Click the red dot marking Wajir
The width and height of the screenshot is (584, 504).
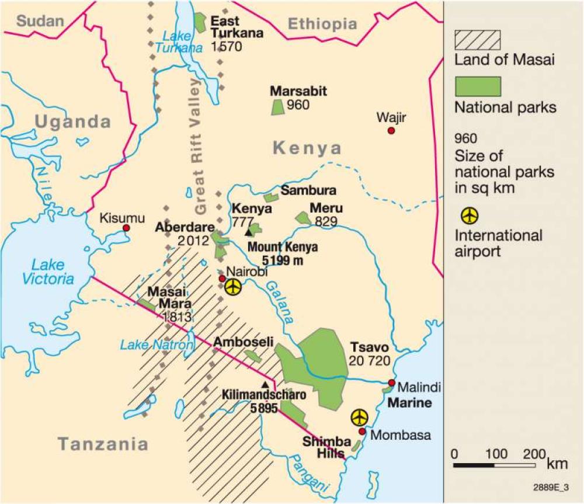[x=391, y=131]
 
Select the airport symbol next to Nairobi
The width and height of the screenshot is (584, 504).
[x=233, y=287]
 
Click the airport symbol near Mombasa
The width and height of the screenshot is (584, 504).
[x=360, y=418]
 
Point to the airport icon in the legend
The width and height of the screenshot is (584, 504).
[x=470, y=215]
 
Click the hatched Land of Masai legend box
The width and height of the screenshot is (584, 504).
[x=477, y=39]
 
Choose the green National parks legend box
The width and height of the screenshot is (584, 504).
[x=477, y=86]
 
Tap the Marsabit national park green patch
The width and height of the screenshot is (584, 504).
[x=277, y=107]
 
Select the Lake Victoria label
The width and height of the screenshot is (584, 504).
[x=48, y=272]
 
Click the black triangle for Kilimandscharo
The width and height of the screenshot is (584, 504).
[x=266, y=384]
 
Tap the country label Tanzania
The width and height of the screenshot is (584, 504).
[x=103, y=444]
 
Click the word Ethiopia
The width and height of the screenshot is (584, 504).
[x=322, y=24]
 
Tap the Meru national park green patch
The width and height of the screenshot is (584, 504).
[x=303, y=218]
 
